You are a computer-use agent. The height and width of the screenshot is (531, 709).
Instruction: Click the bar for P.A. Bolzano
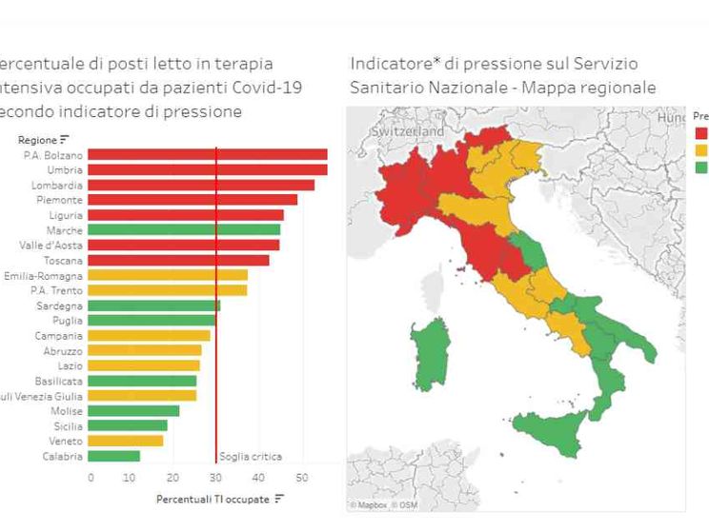pyautogui.click(x=208, y=154)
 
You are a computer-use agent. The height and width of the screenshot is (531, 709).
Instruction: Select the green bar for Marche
pyautogui.click(x=184, y=229)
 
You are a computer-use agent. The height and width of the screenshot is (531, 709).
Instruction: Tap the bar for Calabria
pyautogui.click(x=114, y=456)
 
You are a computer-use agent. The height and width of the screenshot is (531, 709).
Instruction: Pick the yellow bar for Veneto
pyautogui.click(x=126, y=441)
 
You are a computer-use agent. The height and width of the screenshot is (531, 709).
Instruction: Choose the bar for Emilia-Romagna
pyautogui.click(x=168, y=275)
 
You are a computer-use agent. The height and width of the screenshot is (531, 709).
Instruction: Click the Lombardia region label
pyautogui.click(x=57, y=185)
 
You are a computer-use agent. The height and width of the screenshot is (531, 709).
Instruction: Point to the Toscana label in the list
pyautogui.click(x=63, y=260)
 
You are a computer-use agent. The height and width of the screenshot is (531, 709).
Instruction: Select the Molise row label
pyautogui.click(x=65, y=411)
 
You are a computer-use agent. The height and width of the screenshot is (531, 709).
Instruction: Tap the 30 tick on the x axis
pyautogui.click(x=215, y=477)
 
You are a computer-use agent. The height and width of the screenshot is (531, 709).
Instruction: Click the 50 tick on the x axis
pyautogui.click(x=301, y=477)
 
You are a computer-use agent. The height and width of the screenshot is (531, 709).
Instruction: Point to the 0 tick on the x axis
pyautogui.click(x=91, y=477)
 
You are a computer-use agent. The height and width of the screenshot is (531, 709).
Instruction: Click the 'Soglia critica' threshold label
pyautogui.click(x=251, y=457)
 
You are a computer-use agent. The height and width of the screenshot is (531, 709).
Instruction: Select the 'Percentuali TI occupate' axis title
pyautogui.click(x=213, y=498)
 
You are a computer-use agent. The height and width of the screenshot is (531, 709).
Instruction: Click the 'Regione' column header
pyautogui.click(x=38, y=140)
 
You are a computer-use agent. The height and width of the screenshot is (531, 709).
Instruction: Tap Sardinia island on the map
pyautogui.click(x=432, y=352)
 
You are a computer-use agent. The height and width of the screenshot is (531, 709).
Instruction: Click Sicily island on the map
pyautogui.click(x=551, y=433)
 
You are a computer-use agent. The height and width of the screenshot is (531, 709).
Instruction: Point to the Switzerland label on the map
pyautogui.click(x=408, y=130)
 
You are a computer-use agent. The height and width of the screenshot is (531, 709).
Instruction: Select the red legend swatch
pyautogui.click(x=701, y=133)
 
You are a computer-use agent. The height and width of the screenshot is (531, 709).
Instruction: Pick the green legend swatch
pyautogui.click(x=701, y=167)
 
